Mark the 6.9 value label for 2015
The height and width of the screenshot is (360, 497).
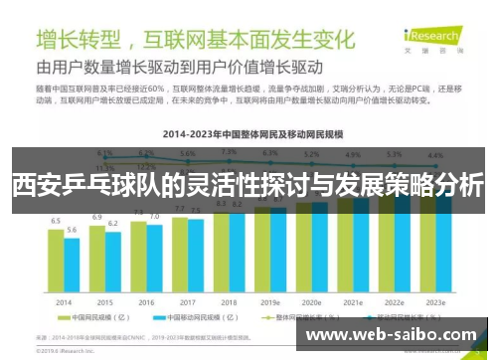pyautogui.click(x=97, y=216)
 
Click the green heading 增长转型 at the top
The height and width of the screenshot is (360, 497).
pyautogui.click(x=80, y=41)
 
